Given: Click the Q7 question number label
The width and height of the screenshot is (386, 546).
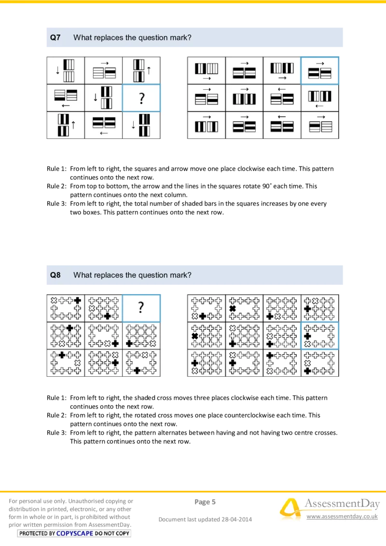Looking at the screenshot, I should pyautogui.click(x=55, y=38).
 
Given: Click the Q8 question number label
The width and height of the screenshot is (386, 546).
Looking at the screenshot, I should pyautogui.click(x=55, y=275).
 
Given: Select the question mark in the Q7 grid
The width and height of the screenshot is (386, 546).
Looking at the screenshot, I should pyautogui.click(x=141, y=98).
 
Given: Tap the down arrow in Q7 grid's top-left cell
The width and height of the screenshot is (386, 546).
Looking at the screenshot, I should pyautogui.click(x=57, y=70).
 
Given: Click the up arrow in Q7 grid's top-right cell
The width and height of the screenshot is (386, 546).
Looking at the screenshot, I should pyautogui.click(x=149, y=70).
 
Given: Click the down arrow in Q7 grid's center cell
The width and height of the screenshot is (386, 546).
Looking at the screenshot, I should pyautogui.click(x=96, y=97).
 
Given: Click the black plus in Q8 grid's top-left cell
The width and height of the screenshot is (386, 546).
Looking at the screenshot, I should pyautogui.click(x=78, y=300).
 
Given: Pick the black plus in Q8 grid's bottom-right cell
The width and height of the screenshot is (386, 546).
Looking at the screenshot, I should pyautogui.click(x=137, y=370).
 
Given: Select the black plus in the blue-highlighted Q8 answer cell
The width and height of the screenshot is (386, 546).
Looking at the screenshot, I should pyautogui.click(x=307, y=336).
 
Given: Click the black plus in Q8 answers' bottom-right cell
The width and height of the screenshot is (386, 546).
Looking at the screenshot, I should pyautogui.click(x=307, y=370).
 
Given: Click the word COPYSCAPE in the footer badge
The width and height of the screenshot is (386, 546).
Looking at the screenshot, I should pyautogui.click(x=75, y=533).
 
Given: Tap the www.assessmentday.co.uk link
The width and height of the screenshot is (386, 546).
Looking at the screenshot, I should pyautogui.click(x=342, y=517).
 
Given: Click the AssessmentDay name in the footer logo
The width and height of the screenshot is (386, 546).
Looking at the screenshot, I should pyautogui.click(x=342, y=504).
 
